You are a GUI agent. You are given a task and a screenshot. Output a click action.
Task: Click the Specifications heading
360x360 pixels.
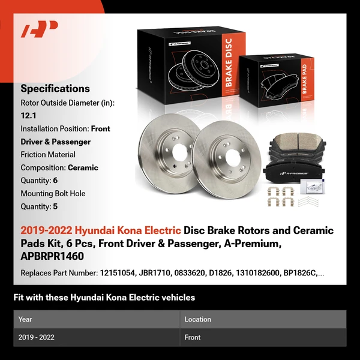(55, 89)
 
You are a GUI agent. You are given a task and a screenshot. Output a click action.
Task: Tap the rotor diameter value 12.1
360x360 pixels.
(28, 116)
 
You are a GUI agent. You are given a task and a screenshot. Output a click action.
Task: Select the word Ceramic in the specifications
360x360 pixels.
(83, 167)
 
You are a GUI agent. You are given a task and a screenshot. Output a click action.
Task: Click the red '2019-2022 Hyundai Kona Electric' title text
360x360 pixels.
(101, 230)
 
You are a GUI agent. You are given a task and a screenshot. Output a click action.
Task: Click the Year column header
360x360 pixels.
(25, 319)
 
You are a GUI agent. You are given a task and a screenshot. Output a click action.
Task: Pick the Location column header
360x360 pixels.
(197, 319)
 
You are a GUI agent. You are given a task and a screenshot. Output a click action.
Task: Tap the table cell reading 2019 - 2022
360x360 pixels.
(37, 337)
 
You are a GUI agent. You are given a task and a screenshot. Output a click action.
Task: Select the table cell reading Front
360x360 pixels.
(193, 337)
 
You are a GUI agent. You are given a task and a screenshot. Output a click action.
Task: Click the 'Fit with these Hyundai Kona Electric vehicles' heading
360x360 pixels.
(104, 298)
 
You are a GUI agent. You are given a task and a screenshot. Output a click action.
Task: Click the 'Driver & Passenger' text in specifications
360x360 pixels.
(55, 142)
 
